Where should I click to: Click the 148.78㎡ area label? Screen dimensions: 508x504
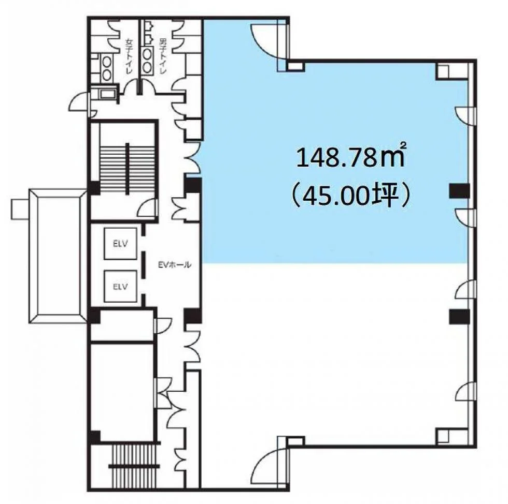pos(350,157)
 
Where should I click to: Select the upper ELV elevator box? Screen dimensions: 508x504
pos(120,244)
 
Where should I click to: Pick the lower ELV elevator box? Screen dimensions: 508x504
pos(120,286)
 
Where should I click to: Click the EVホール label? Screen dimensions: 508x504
pos(174,265)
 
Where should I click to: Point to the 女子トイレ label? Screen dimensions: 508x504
pos(129,56)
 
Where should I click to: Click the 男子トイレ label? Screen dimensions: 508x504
pos(162,56)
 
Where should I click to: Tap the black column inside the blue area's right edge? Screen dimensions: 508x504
pos(459,191)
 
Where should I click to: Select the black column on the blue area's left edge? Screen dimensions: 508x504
pos(193,185)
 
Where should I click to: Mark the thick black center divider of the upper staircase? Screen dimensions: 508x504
pos(128,169)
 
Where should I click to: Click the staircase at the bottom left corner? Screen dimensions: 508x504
pos(134,466)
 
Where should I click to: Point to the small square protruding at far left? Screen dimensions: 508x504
pos(20,209)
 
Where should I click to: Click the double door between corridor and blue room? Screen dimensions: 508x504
pos(193,157)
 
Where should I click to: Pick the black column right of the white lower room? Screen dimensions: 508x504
pos(459,317)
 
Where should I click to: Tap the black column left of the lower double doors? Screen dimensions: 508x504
pos(193,316)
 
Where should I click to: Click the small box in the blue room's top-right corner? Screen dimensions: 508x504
pos(445,71)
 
